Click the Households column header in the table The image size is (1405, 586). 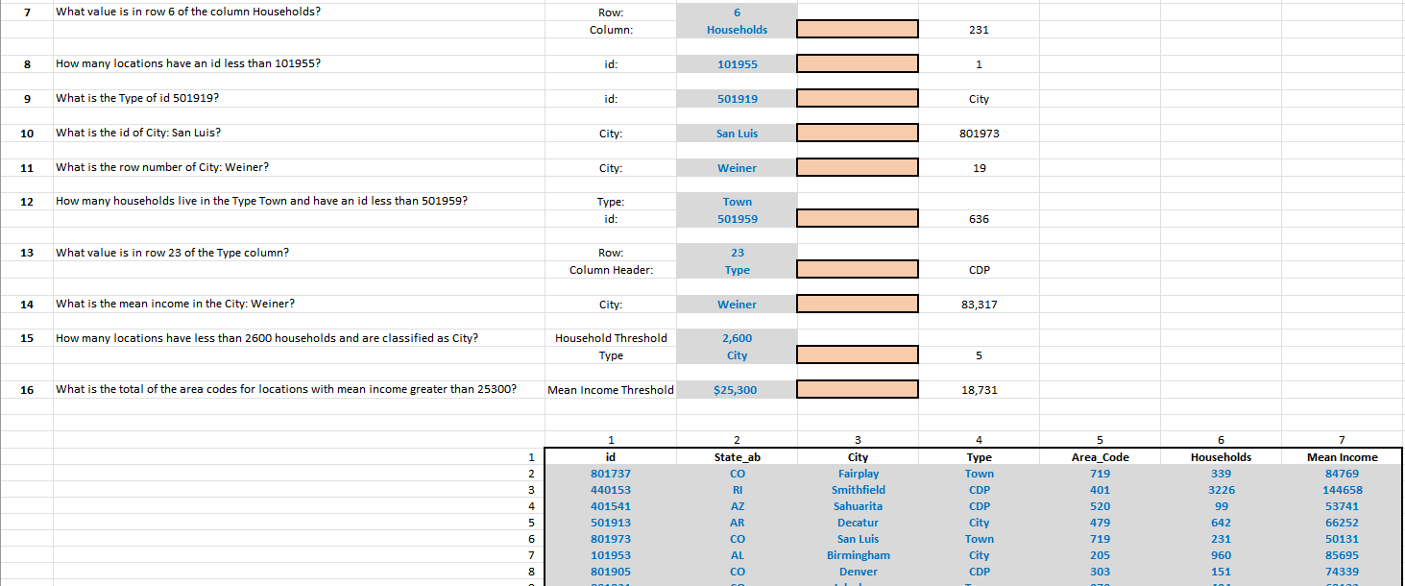[x=1221, y=457]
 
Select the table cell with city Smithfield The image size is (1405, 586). [x=858, y=490]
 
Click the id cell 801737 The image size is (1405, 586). [x=610, y=474]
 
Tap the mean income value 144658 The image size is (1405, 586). [x=1342, y=490]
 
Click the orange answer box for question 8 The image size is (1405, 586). [x=858, y=64]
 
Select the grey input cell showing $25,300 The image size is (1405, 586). [x=736, y=390]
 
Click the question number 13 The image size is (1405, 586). [x=28, y=253]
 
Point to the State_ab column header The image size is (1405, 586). [x=737, y=457]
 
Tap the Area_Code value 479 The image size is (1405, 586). [x=1100, y=523]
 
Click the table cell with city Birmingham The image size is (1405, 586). [x=858, y=555]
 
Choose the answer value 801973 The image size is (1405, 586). [x=979, y=134]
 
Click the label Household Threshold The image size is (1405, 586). [x=610, y=338]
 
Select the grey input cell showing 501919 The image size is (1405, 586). [x=737, y=99]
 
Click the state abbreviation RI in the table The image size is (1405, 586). [x=737, y=490]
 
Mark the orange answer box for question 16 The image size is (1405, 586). [x=858, y=390]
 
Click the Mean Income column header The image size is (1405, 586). [x=1342, y=457]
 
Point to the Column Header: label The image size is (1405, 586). [x=610, y=270]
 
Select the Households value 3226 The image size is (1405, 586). [x=1221, y=490]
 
